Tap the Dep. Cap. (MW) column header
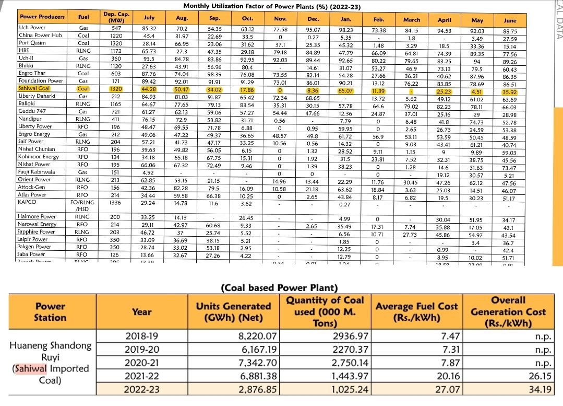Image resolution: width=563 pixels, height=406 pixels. [x=116, y=17]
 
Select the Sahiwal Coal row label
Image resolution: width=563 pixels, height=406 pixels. [x=34, y=89]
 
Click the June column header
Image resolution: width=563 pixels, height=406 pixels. [x=510, y=20]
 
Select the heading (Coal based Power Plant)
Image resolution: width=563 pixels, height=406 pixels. [x=280, y=288]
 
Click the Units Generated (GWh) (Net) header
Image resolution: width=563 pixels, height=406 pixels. [x=233, y=312]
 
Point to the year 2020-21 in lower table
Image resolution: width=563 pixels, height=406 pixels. [x=142, y=362]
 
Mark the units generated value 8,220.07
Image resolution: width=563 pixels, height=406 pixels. [x=257, y=335]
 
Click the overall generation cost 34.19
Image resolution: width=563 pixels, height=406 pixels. [x=540, y=389]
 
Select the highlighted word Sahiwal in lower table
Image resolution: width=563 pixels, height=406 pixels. [x=30, y=369]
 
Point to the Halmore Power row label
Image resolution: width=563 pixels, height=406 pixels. [x=37, y=216]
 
